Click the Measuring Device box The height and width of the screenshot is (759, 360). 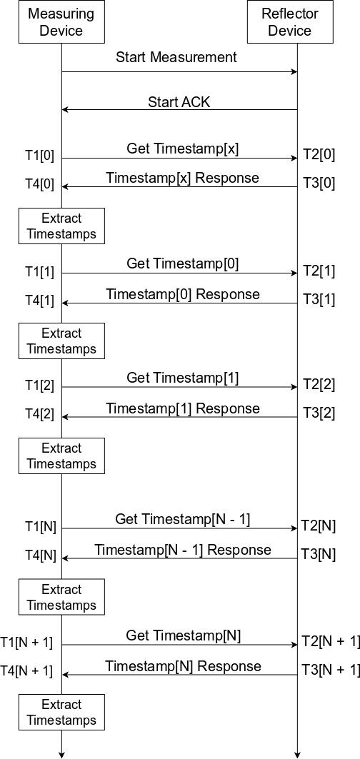pyautogui.click(x=61, y=22)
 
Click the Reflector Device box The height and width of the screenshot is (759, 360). pyautogui.click(x=290, y=22)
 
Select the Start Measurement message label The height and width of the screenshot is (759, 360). pyautogui.click(x=176, y=57)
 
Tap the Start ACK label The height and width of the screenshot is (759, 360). pyautogui.click(x=179, y=102)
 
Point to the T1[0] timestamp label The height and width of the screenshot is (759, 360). pyautogui.click(x=39, y=156)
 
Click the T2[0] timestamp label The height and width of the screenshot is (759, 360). pyautogui.click(x=319, y=154)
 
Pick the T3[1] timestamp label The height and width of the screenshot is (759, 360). pyautogui.click(x=319, y=300)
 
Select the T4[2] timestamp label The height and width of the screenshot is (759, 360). pyautogui.click(x=39, y=413)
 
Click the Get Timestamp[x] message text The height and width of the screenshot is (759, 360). pyautogui.click(x=183, y=149)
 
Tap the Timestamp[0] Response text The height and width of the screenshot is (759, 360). pyautogui.click(x=183, y=294)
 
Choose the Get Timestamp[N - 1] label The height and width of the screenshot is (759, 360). pyautogui.click(x=183, y=519)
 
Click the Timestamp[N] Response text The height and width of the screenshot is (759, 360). pyautogui.click(x=183, y=666)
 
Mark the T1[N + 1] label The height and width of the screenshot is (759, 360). pyautogui.click(x=26, y=642)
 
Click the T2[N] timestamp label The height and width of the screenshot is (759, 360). pyautogui.click(x=319, y=526)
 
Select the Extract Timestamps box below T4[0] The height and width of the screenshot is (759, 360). pyautogui.click(x=61, y=226)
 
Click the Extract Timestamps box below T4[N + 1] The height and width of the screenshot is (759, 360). pyautogui.click(x=61, y=712)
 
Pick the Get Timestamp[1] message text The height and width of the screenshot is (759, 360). pyautogui.click(x=183, y=378)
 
